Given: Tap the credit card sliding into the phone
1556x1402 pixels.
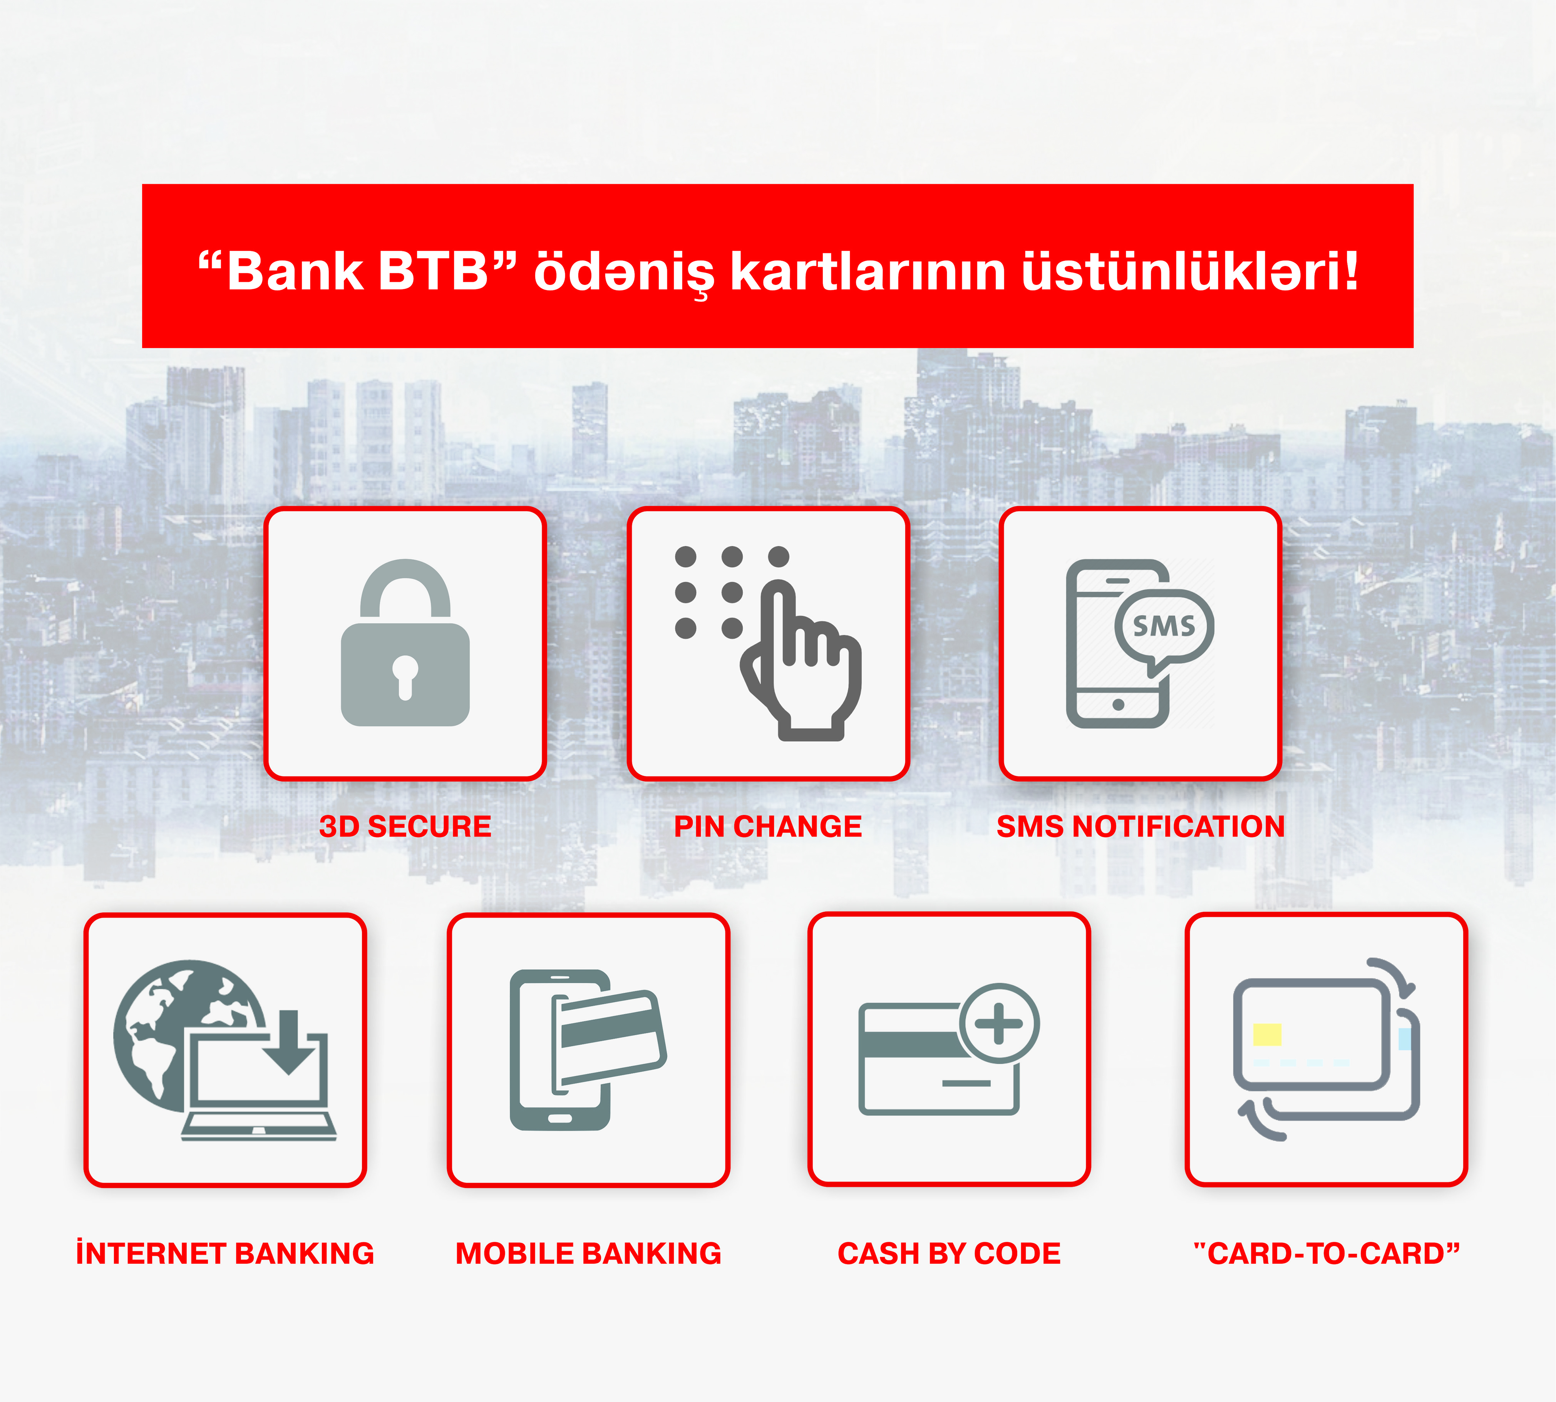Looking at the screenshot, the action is point(609,1036).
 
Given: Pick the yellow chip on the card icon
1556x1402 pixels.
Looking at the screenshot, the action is point(1267,1034).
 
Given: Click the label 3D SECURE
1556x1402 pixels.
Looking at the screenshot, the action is point(405,826).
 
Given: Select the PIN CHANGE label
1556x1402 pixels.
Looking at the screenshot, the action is point(767,826).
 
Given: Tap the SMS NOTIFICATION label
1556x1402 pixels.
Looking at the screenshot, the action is point(1141,826).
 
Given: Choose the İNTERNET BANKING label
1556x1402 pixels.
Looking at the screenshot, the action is point(225,1253).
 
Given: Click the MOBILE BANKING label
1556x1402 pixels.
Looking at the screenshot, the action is point(588,1253).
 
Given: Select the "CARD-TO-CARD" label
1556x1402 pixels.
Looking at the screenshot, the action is point(1327,1253).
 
